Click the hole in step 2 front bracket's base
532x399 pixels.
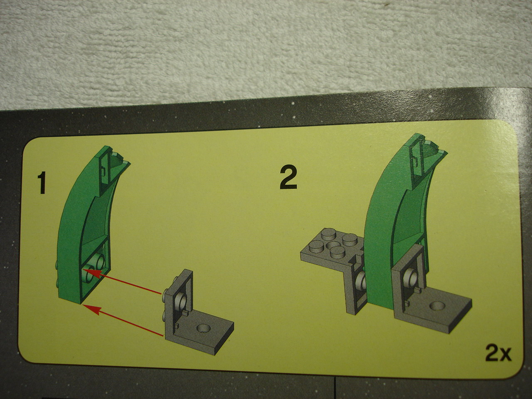click(438, 306)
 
